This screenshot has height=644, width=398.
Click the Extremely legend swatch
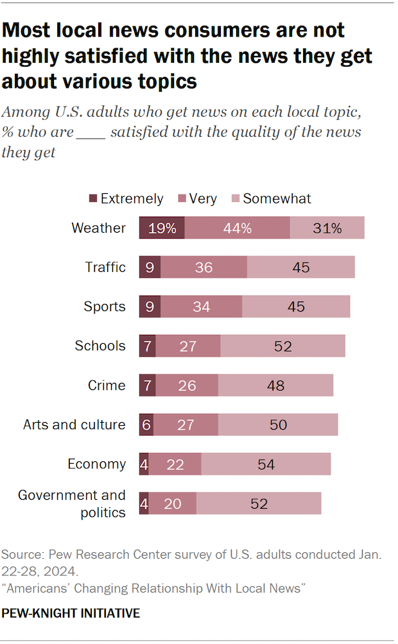(92, 199)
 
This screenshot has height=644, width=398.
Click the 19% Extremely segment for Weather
(162, 228)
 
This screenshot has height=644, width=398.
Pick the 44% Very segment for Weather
(237, 228)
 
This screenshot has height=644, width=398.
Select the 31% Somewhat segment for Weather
(327, 228)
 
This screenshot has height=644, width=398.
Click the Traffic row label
(105, 267)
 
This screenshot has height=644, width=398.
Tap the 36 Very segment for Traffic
(203, 267)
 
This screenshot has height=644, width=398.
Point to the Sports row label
(105, 307)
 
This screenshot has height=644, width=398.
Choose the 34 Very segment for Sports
(201, 307)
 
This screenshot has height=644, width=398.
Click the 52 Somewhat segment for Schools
(282, 346)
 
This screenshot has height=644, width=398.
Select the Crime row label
(107, 385)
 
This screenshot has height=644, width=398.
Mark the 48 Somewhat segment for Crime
(275, 385)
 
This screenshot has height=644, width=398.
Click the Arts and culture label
(74, 425)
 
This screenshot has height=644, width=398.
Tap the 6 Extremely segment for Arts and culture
(146, 425)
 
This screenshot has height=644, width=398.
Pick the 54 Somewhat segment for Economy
(266, 464)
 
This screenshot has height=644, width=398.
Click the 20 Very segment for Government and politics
(172, 504)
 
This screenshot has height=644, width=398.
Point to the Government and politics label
(72, 504)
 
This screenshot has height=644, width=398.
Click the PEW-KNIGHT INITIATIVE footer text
(71, 614)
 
